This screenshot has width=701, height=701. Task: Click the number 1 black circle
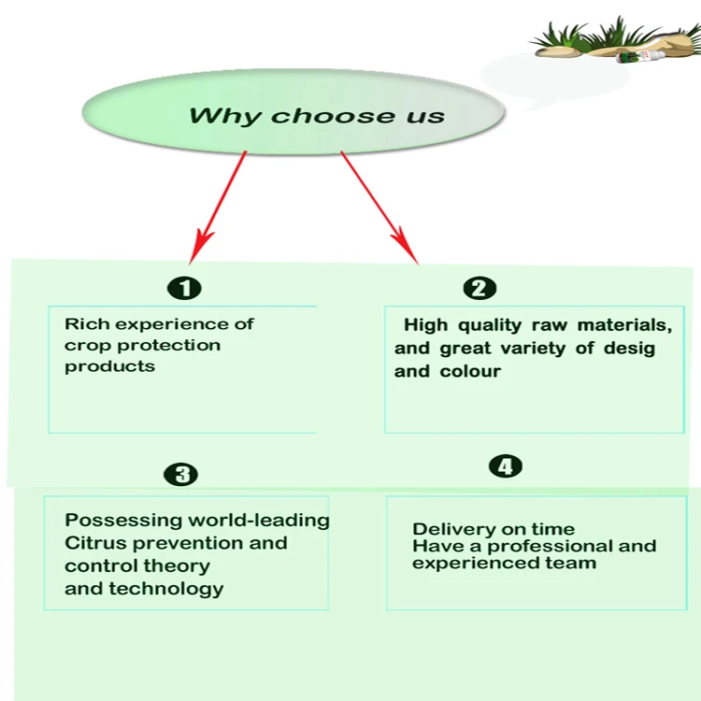(x=185, y=288)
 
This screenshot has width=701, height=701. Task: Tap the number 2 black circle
(x=479, y=288)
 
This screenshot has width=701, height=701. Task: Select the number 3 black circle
(x=181, y=475)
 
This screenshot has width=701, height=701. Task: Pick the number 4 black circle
(x=506, y=466)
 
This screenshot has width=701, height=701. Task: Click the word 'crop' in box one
(x=84, y=346)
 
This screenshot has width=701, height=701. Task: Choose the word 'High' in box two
(x=425, y=325)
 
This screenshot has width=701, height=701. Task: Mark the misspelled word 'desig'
(x=630, y=349)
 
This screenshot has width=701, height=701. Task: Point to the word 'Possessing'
(x=124, y=521)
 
